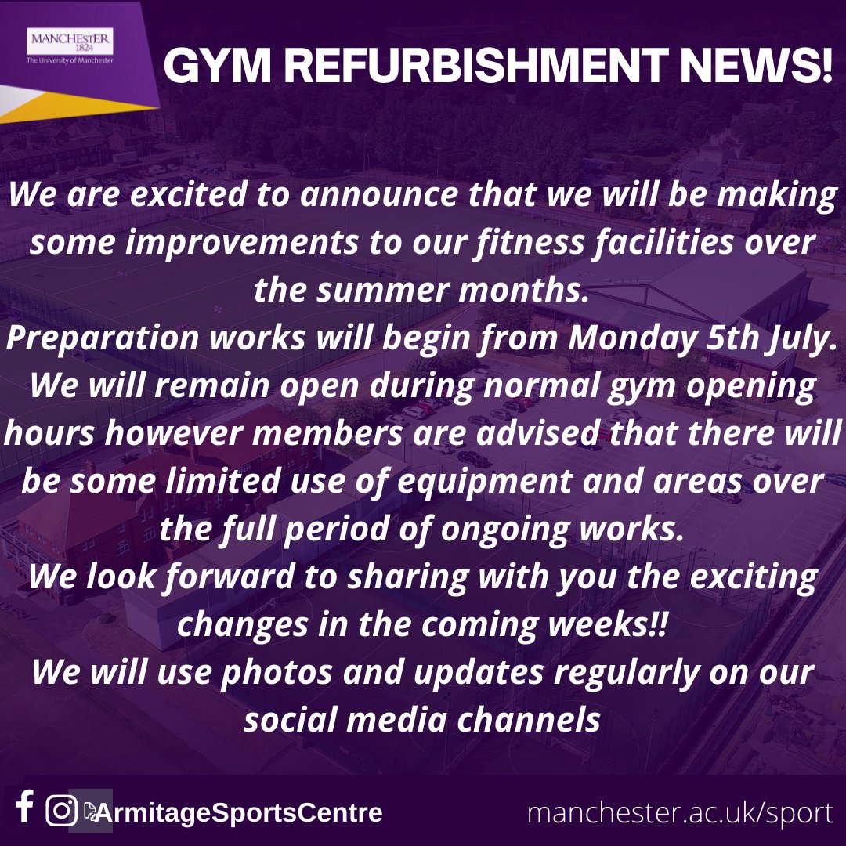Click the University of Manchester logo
pyautogui.click(x=70, y=47)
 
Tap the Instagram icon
pyautogui.click(x=60, y=811)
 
